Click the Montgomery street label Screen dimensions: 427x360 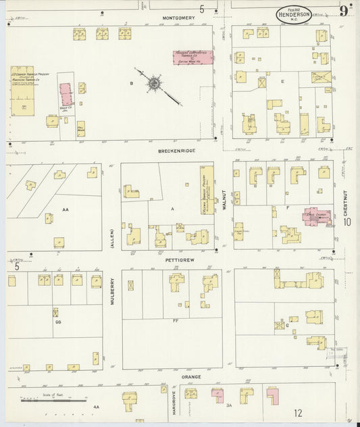coord(179,19)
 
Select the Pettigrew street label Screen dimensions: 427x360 coord(179,258)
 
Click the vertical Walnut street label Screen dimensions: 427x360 coord(224,200)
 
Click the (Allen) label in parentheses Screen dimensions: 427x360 coord(112,238)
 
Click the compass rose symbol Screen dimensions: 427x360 coord(155,84)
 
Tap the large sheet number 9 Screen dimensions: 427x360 coord(344,10)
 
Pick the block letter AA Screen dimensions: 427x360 coord(66,210)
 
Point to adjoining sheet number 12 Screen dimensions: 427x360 coord(298,413)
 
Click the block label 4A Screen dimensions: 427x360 coord(96,407)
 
